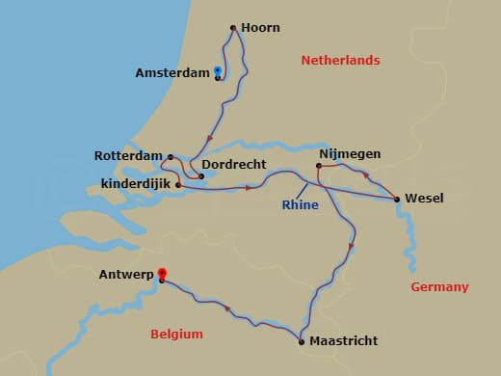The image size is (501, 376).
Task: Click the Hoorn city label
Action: click(261, 28)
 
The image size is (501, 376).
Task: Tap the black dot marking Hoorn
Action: click(234, 28)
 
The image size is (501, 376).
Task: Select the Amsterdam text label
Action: click(171, 73)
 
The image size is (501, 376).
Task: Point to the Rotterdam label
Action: click(128, 155)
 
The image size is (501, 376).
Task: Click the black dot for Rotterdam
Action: click(171, 156)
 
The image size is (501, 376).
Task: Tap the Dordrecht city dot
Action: click(201, 176)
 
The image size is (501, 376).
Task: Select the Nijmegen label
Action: click(349, 153)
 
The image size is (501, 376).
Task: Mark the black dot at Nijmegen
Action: click(319, 166)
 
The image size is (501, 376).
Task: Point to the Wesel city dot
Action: click(398, 200)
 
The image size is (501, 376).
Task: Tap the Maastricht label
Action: click(343, 341)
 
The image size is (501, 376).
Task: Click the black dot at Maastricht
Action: click(302, 341)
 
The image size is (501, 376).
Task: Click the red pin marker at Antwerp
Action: click(161, 274)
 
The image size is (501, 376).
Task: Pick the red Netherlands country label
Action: click(340, 60)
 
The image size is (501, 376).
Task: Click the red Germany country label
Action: click(439, 286)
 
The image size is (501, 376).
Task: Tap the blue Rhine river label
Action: click(300, 204)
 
